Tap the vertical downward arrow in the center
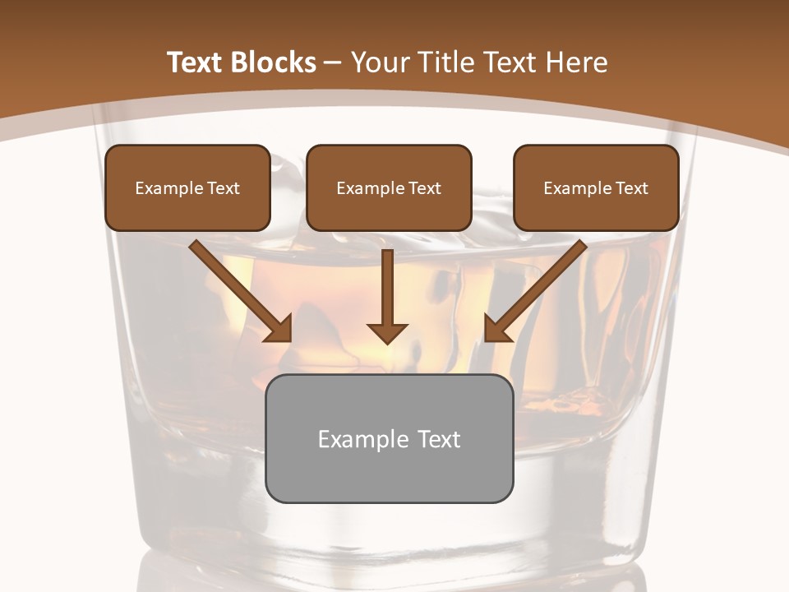pos(387,288)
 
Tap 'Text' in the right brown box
pos(631,188)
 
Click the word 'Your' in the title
pos(381,62)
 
